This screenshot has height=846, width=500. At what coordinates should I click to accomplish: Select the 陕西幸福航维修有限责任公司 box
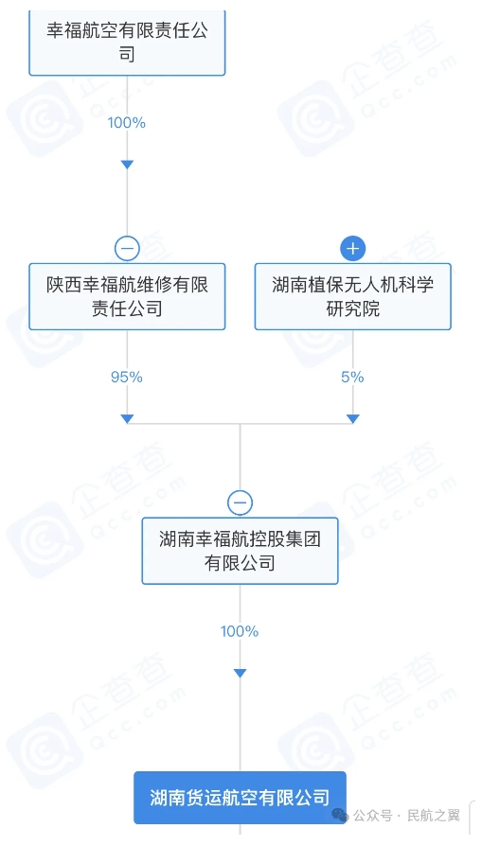[x=127, y=296]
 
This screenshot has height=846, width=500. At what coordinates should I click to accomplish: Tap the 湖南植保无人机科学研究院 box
[x=352, y=296]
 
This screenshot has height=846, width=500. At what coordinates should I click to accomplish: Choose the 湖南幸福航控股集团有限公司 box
[x=240, y=551]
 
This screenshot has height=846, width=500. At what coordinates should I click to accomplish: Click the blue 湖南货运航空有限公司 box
[x=240, y=798]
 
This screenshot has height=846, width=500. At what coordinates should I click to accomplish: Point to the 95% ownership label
[x=127, y=377]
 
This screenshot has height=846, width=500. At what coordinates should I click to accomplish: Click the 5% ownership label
[x=352, y=377]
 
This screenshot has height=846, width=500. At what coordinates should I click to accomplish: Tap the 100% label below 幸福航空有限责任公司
[x=127, y=122]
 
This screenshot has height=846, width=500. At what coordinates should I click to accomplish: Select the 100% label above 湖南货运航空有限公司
[x=240, y=631]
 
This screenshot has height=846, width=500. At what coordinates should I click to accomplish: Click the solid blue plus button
[x=352, y=249]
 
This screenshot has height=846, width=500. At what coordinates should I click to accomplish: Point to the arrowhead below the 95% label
[x=127, y=418]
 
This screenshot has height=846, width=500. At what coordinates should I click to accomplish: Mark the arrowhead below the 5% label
[x=352, y=418]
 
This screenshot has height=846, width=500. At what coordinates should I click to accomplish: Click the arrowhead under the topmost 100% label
[x=127, y=165]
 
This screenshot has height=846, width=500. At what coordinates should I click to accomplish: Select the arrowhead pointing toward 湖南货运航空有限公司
[x=240, y=673]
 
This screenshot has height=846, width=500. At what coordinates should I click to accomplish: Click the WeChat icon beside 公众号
[x=340, y=815]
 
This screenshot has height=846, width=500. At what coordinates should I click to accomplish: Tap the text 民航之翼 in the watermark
[x=434, y=816]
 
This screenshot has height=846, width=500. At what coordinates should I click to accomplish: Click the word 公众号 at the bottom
[x=372, y=816]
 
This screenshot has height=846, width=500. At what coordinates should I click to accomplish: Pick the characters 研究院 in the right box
[x=352, y=308]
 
